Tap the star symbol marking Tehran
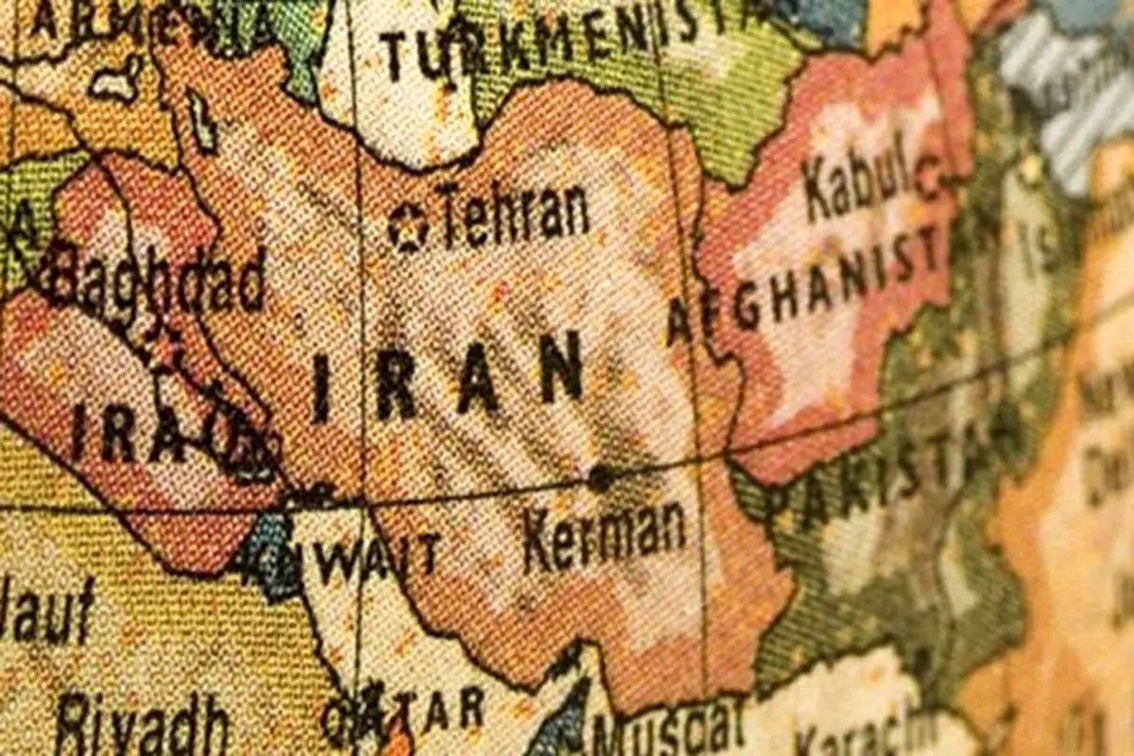408,228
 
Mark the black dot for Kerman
598,478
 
